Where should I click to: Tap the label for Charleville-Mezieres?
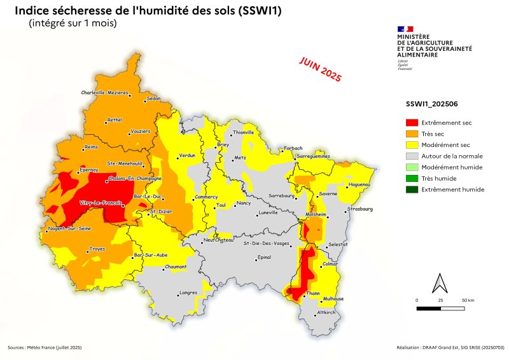point(105,93)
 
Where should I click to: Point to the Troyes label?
point(97,249)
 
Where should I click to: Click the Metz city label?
point(240,157)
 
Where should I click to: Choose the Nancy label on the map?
point(244,204)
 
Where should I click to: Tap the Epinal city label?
point(263,258)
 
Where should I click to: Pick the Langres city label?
point(188,293)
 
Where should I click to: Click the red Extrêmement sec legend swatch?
point(412,122)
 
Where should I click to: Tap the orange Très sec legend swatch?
point(412,134)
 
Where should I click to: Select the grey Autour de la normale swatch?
point(412,156)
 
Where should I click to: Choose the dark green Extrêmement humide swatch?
point(412,190)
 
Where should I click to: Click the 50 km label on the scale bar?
point(468,300)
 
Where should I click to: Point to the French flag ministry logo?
point(405,29)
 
